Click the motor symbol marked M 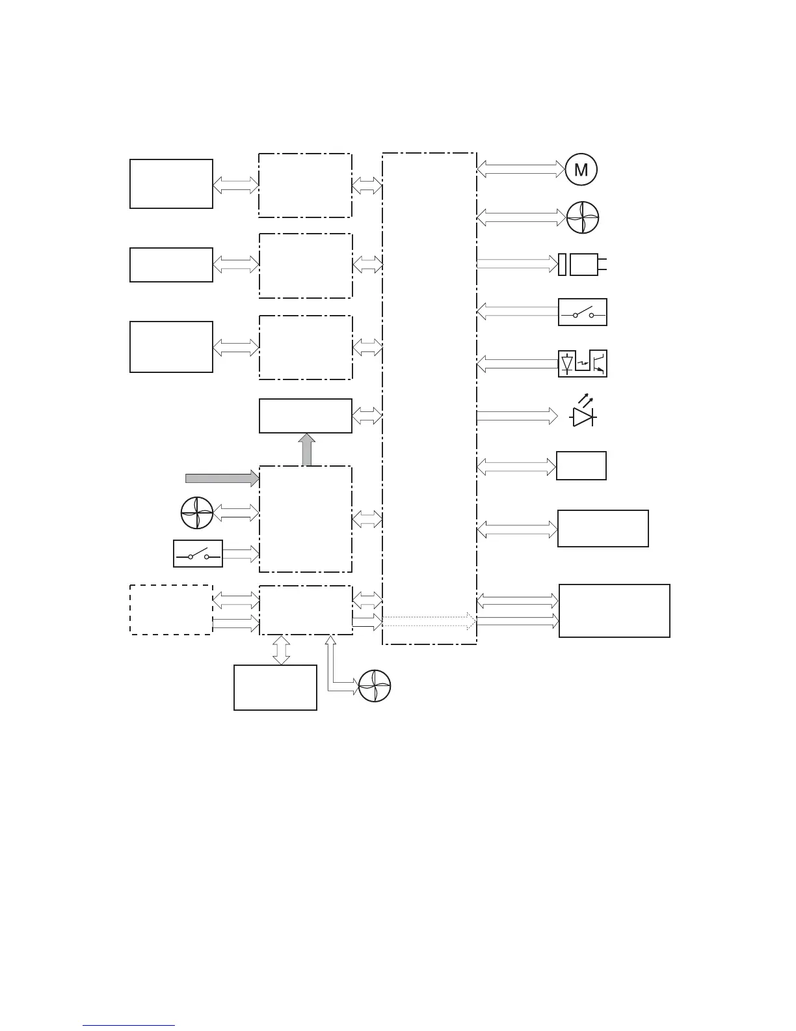point(581,170)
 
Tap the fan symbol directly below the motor point(582,217)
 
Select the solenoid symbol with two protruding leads point(583,264)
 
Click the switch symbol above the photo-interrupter point(583,312)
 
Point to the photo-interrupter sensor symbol point(583,364)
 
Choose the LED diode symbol point(582,414)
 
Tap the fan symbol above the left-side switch point(197,513)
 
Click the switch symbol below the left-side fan point(198,554)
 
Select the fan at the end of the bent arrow point(375,686)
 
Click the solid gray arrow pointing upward point(306,450)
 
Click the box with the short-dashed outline point(171,609)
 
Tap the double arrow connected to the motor point(521,169)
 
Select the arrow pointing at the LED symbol point(517,415)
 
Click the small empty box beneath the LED point(581,465)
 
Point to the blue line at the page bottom point(129,1026)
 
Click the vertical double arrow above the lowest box point(281,650)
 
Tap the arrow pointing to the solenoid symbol point(517,264)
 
